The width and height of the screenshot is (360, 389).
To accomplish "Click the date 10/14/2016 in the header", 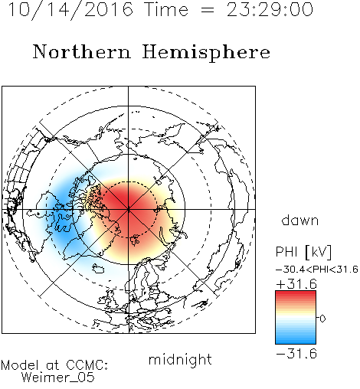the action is pyautogui.click(x=70, y=10).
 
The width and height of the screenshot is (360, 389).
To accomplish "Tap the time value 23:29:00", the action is pyautogui.click(x=270, y=10).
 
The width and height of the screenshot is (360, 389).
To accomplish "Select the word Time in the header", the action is pyautogui.click(x=166, y=10).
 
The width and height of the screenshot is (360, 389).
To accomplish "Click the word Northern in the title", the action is pyautogui.click(x=82, y=51).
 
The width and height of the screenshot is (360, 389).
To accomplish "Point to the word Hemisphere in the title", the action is pyautogui.click(x=206, y=53).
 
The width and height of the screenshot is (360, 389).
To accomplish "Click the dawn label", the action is pyautogui.click(x=300, y=221).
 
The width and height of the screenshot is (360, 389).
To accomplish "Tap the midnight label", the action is pyautogui.click(x=180, y=359).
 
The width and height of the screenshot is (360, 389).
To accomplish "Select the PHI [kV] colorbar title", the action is pyautogui.click(x=303, y=252).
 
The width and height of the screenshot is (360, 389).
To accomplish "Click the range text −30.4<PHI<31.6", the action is pyautogui.click(x=317, y=270).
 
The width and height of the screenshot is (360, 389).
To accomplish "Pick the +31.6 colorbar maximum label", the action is pyautogui.click(x=296, y=284).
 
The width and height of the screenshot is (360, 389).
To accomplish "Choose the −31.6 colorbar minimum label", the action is pyautogui.click(x=296, y=354).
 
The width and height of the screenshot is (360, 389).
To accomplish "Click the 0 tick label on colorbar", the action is pyautogui.click(x=322, y=319).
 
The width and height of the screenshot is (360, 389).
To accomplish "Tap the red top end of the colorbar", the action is pyautogui.click(x=296, y=293).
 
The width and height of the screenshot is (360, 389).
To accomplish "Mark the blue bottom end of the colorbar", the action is pyautogui.click(x=296, y=342).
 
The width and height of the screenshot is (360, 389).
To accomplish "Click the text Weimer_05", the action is pyautogui.click(x=58, y=378).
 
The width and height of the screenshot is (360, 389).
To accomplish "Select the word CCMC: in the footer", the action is pyautogui.click(x=87, y=365).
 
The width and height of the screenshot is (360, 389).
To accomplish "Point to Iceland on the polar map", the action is pyautogui.click(x=98, y=269).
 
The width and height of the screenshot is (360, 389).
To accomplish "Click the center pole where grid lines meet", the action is pyautogui.click(x=129, y=209).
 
